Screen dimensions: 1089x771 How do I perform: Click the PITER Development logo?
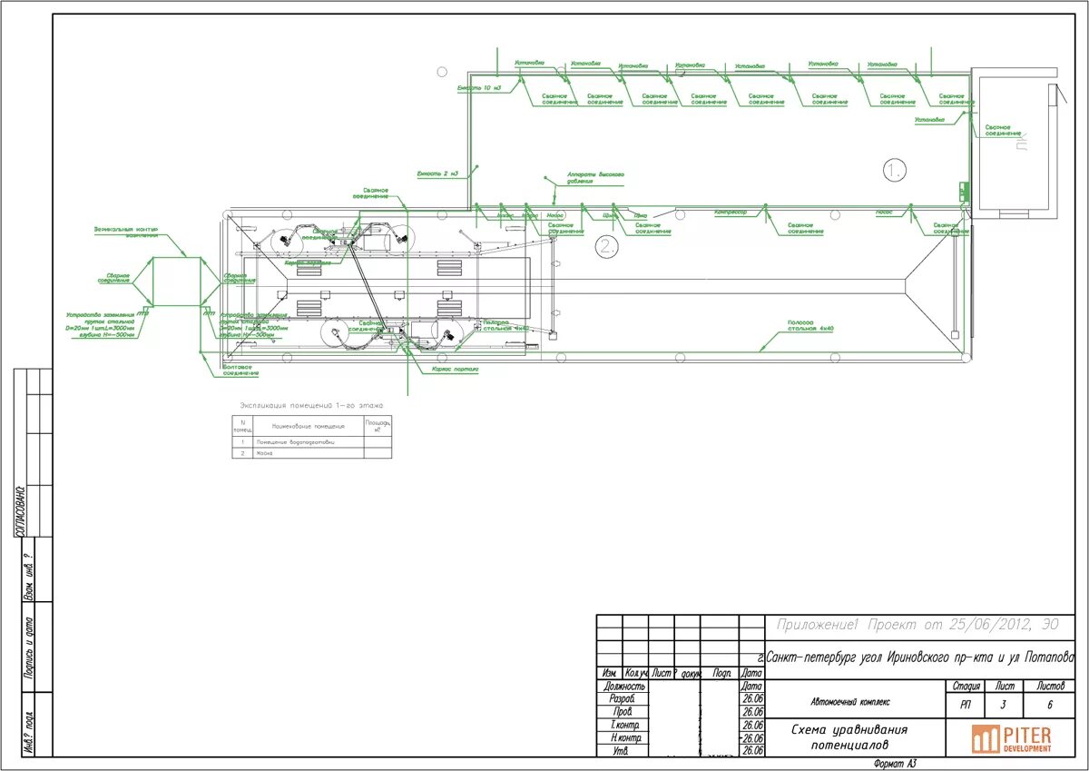point(1011,738)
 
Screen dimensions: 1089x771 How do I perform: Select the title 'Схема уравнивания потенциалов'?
point(849,736)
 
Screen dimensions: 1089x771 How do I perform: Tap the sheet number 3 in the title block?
point(1003,704)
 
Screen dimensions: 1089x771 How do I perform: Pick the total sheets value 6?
point(1049,704)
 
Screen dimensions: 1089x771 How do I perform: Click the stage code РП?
point(963,704)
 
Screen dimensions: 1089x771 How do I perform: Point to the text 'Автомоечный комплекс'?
point(849,702)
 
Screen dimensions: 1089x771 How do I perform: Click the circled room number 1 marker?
point(895,170)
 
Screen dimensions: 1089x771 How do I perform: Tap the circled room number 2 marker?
point(606,245)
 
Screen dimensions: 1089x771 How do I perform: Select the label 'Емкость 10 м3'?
point(479,88)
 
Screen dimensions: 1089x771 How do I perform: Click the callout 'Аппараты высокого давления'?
point(595,177)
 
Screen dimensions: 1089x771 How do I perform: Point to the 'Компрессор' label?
point(731,212)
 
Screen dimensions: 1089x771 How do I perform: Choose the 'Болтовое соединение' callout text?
point(241,371)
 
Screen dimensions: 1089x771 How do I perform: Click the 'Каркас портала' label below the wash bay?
point(456,370)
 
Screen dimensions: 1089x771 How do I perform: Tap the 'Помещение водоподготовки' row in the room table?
point(301,442)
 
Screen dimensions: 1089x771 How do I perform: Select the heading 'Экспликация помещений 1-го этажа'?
point(311,405)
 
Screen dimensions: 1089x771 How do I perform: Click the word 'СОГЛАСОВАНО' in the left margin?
point(20,510)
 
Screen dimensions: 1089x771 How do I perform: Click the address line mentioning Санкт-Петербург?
point(918,656)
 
